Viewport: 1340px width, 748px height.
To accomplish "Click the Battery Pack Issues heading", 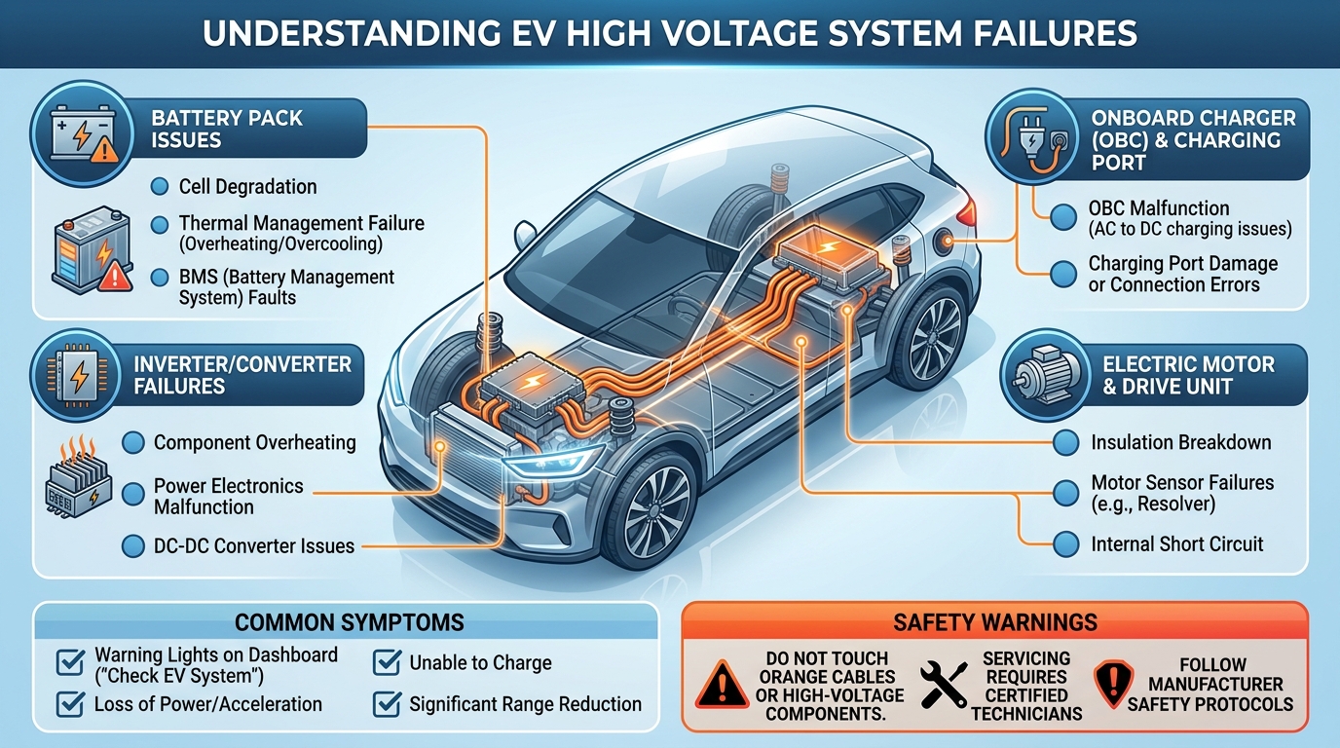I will point(227,129).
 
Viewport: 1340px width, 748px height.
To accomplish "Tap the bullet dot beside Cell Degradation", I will point(160,186).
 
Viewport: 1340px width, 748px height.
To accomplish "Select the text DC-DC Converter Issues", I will point(254,546).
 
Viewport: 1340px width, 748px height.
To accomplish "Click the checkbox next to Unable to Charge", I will point(388,663).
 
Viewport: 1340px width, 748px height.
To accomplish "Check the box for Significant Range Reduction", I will point(388,703).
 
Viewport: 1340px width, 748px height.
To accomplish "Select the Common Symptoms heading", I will point(349,622).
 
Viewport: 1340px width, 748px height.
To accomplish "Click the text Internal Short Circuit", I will point(1176,543).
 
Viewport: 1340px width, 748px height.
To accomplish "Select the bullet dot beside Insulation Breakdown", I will point(1066,442).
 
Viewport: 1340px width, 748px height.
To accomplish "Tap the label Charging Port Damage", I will point(1182,264).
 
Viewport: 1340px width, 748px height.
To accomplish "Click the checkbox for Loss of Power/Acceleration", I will point(70,703).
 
